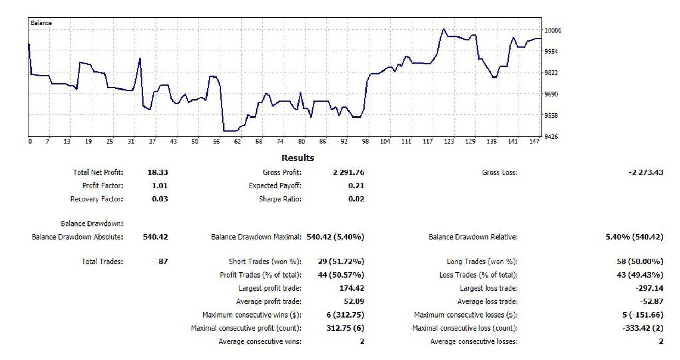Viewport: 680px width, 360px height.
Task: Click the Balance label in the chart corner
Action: point(41,23)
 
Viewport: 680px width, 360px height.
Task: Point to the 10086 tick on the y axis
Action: point(552,30)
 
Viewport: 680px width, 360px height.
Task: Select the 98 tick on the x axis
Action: point(365,142)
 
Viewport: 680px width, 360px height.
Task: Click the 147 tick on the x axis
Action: point(534,142)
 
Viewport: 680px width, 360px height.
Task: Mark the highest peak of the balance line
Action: point(444,29)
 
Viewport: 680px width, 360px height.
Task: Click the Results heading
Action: point(297,158)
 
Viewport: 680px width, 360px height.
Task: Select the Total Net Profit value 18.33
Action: point(158,172)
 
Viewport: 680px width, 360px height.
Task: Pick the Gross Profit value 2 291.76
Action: point(348,172)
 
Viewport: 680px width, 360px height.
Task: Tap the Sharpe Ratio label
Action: point(280,199)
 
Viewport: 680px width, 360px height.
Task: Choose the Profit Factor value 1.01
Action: point(159,185)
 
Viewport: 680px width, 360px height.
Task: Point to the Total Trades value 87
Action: point(163,262)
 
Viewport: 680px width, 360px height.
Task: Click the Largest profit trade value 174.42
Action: point(352,288)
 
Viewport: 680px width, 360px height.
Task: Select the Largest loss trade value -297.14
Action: point(649,288)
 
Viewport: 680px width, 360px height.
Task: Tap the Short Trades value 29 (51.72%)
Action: point(341,262)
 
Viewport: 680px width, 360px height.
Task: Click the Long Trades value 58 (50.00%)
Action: point(640,262)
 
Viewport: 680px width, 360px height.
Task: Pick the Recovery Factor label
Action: point(96,199)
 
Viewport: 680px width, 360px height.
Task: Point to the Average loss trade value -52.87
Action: point(651,302)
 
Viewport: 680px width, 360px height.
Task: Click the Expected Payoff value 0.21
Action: point(356,185)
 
